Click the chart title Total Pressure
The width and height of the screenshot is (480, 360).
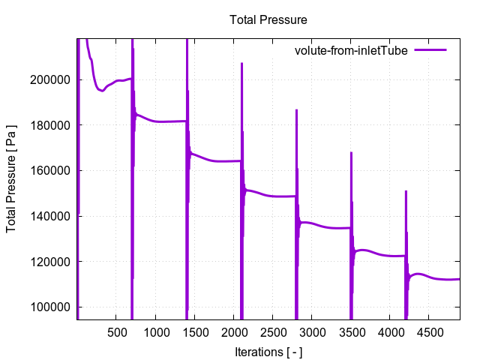tap(268, 19)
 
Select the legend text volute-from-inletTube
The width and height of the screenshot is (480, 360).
tap(351, 50)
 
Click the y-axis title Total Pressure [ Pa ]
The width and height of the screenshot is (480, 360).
tap(13, 178)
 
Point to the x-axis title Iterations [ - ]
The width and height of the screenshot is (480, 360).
tap(268, 352)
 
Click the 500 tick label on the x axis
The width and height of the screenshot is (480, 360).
tap(116, 331)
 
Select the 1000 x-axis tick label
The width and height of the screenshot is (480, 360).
tap(155, 331)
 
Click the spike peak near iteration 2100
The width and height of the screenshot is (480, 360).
tap(241, 63)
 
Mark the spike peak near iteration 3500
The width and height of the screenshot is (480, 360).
tap(351, 153)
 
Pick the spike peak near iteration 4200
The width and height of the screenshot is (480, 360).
tap(406, 191)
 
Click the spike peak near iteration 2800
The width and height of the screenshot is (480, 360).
tap(296, 110)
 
